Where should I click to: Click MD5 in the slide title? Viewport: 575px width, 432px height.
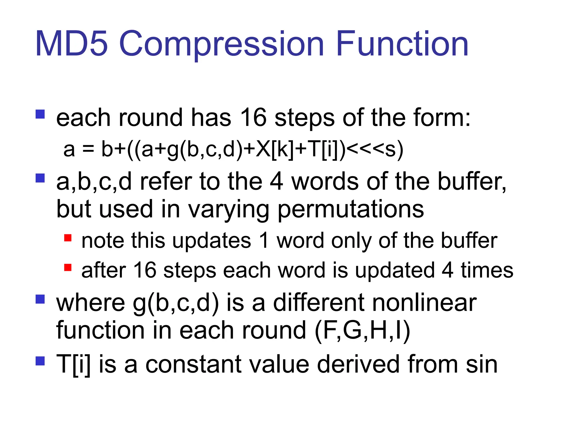72,44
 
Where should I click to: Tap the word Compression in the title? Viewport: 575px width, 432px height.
222,44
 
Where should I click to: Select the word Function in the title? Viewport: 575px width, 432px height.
402,44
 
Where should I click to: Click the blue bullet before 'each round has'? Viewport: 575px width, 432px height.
40,114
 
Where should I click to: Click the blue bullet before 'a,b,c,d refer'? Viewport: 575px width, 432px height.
40,178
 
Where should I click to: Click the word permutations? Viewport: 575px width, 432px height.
351,209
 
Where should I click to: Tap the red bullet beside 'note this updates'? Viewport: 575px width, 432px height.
68,238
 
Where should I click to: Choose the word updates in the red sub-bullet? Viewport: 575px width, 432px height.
212,241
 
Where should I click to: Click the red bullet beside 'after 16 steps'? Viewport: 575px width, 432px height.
68,267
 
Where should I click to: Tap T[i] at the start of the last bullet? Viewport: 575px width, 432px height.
73,364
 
